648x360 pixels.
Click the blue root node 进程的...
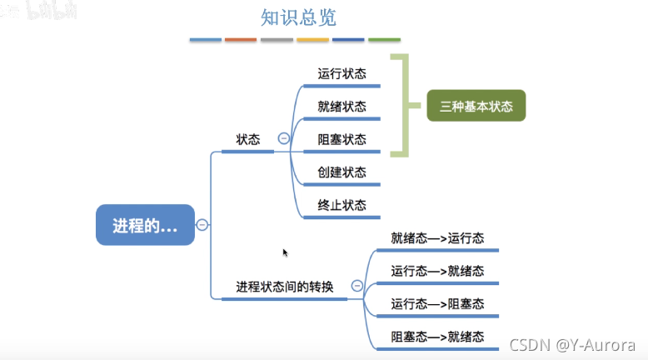[x=145, y=224]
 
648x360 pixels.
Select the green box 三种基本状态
[x=476, y=106]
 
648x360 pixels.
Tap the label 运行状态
[x=341, y=73]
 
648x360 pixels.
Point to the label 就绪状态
[x=341, y=106]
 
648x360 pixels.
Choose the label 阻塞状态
[x=341, y=139]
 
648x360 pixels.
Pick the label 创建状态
[x=341, y=172]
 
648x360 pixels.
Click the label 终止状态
[x=341, y=204]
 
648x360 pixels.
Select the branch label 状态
[x=248, y=139]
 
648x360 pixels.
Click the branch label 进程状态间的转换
[x=284, y=287]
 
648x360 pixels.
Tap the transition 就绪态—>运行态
[x=437, y=237]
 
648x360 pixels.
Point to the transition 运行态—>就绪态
[x=437, y=271]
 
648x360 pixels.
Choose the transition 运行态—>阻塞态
[x=437, y=304]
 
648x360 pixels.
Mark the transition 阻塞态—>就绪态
[x=437, y=337]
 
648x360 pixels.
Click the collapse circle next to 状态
[x=284, y=139]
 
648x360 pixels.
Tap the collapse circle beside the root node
[x=202, y=224]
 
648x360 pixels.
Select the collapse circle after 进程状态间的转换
[x=357, y=286]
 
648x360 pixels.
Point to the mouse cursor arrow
[x=285, y=252]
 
